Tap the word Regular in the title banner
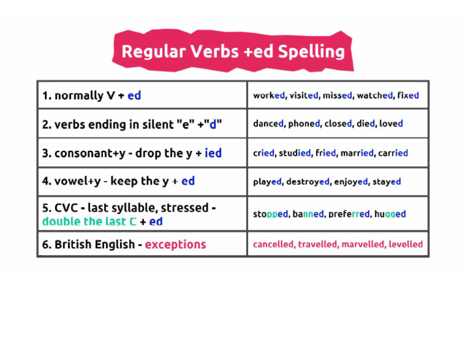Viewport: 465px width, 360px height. point(154,52)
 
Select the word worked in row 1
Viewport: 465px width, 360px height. point(269,95)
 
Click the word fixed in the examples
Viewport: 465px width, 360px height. point(408,95)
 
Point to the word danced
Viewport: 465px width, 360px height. point(268,124)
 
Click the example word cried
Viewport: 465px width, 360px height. point(263,153)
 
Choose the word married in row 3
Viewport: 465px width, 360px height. point(357,153)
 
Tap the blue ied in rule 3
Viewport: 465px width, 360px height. point(213,153)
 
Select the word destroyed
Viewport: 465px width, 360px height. point(308,181)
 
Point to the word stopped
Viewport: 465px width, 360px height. point(271,214)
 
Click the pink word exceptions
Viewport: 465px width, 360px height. point(176,245)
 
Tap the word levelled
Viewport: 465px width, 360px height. point(406,244)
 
